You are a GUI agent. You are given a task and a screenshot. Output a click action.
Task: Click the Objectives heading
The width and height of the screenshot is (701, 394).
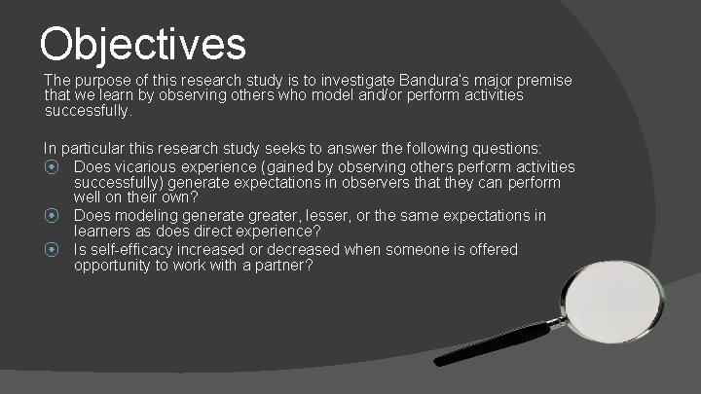pos(143,43)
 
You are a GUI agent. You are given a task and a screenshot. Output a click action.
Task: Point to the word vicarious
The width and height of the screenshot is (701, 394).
pos(150,167)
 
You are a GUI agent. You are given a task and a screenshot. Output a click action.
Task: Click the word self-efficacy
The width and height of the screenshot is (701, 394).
pos(134,249)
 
